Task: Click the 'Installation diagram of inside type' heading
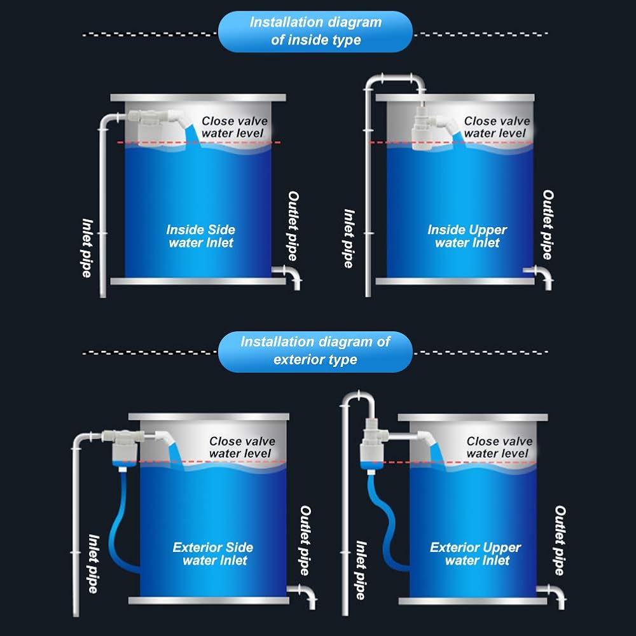[315, 31]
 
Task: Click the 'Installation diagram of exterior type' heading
[315, 350]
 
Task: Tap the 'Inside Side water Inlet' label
[200, 236]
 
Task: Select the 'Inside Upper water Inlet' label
[467, 236]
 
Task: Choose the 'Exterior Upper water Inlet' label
[476, 554]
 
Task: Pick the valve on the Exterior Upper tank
[371, 445]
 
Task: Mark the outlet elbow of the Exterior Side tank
[305, 595]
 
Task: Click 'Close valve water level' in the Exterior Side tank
[242, 447]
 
